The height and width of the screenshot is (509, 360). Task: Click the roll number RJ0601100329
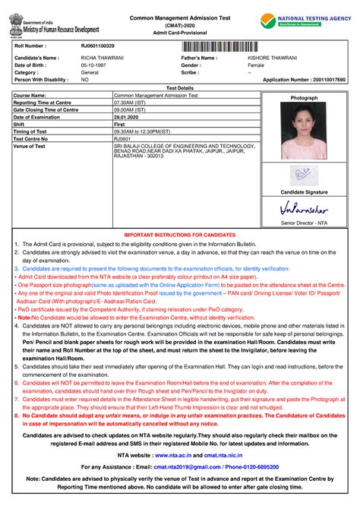[x=98, y=46]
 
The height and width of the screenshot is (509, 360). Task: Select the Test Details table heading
[x=180, y=87]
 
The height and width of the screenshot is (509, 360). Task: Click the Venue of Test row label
[x=30, y=146]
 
